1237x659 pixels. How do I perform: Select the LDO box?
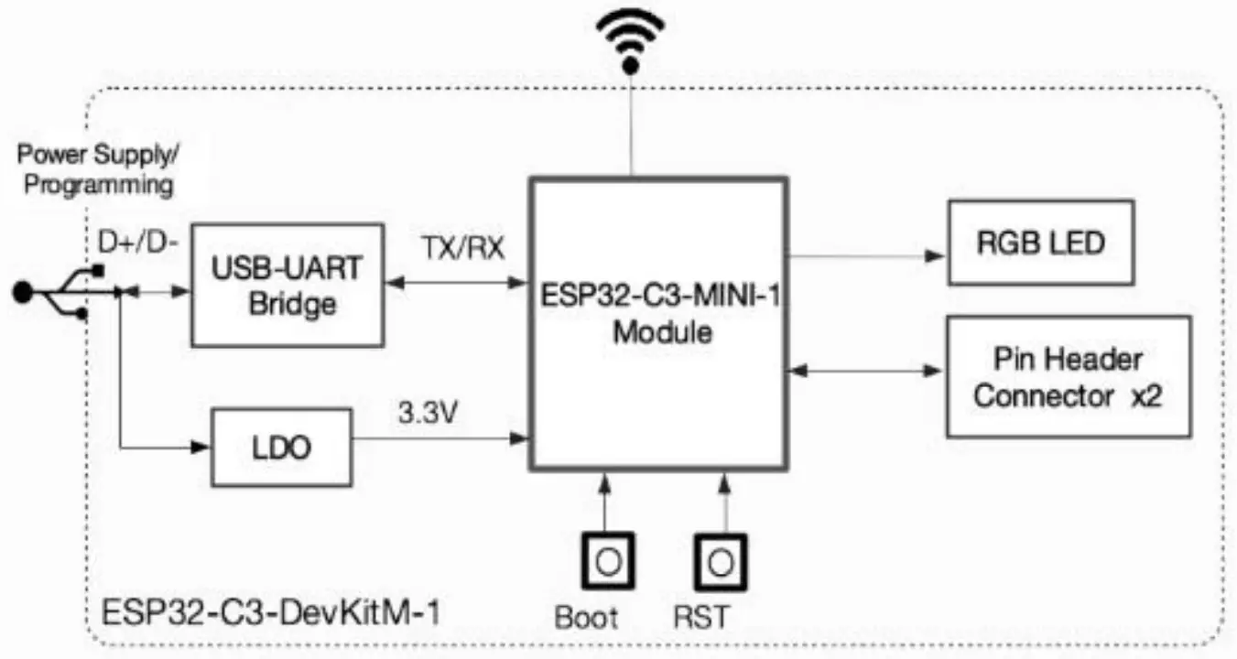point(281,448)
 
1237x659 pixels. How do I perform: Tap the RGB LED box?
point(1040,243)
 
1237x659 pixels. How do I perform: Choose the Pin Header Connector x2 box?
point(1068,376)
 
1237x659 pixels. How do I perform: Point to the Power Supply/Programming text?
point(97,168)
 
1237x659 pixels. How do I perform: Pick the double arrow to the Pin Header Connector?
point(865,372)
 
